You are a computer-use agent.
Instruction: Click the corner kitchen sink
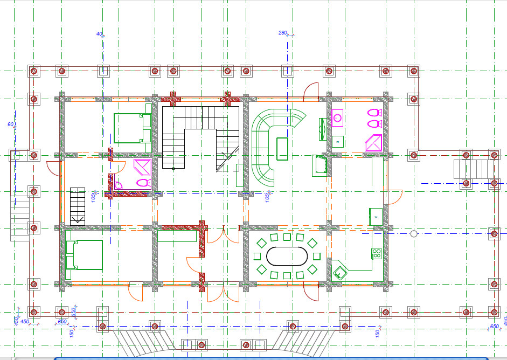339,272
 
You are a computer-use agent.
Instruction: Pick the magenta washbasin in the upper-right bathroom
338,117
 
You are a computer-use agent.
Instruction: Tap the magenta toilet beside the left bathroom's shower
142,183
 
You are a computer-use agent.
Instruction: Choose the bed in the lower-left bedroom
84,255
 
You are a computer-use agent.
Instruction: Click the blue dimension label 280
283,33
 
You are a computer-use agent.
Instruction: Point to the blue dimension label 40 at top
99,34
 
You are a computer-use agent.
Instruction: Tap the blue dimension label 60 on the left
10,124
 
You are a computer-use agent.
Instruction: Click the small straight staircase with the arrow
77,205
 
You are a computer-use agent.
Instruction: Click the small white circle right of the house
413,234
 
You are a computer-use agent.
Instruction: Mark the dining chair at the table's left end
258,256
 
